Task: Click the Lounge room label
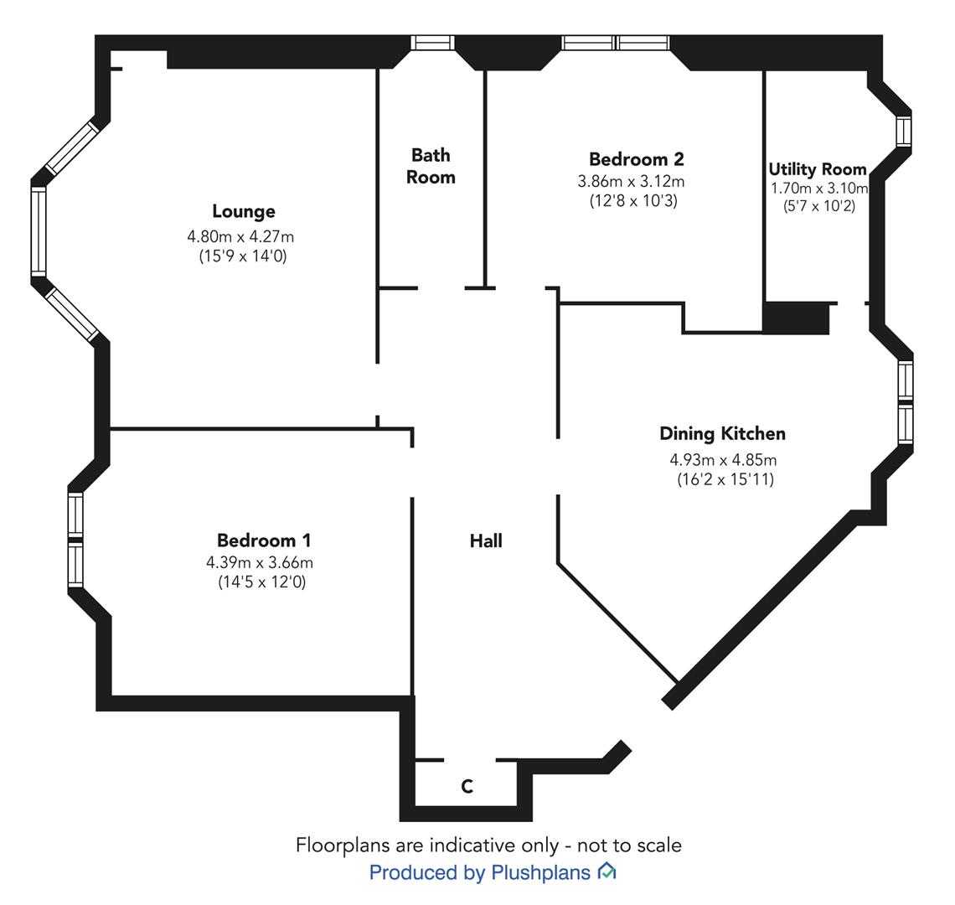[244, 211]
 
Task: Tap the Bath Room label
[431, 166]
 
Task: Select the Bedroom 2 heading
[637, 159]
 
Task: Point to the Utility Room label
[818, 168]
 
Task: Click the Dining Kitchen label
[722, 434]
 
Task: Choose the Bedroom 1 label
[264, 540]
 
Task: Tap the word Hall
[486, 540]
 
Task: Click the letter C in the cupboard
[467, 787]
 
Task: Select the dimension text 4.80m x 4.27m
[240, 236]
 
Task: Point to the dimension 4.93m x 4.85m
[723, 459]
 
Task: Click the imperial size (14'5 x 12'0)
[262, 582]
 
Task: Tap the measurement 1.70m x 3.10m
[819, 188]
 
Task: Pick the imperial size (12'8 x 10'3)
[633, 200]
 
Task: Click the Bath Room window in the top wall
[432, 43]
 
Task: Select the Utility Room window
[904, 131]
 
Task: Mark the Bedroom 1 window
[75, 540]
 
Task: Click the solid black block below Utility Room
[796, 318]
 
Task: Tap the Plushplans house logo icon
[607, 871]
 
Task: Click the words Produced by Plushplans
[479, 872]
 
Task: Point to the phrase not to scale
[629, 846]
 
